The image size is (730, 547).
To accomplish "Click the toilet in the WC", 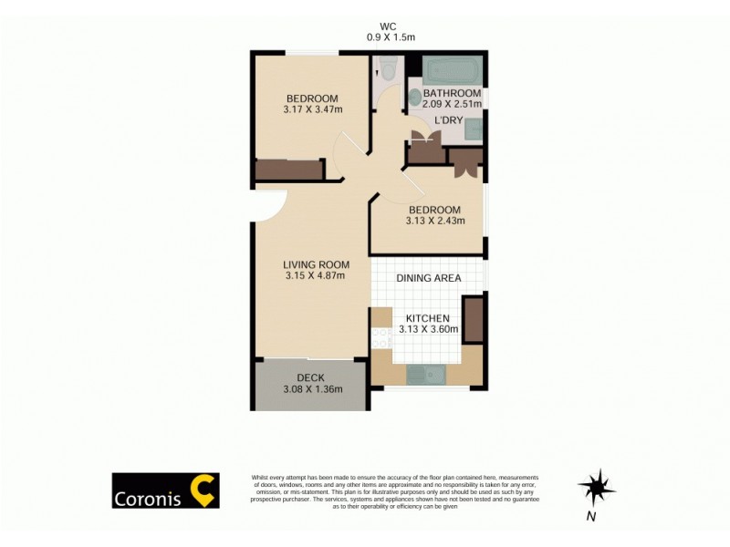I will pos(387,67).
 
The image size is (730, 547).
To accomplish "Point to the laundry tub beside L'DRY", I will pos(474,129).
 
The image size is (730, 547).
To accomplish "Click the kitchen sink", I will pos(426,373).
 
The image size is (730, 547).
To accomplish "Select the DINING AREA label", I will pos(428,278).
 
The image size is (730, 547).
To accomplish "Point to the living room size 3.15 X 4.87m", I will pos(315,275).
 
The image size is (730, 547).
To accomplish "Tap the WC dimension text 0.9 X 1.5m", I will pos(391,37).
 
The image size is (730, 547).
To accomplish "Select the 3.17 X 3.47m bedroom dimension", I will pos(312,110).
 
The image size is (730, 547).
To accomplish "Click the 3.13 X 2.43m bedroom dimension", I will pos(435,221).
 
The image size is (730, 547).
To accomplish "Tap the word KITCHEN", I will pos(428,317).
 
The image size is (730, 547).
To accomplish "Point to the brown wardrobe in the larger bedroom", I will pos(289,170).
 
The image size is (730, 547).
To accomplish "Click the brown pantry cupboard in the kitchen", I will pos(473,318).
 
